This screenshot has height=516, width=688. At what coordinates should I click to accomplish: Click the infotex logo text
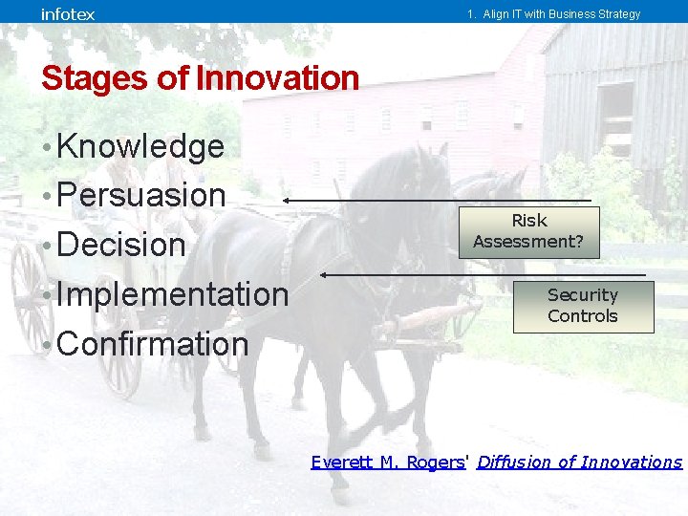click(x=68, y=13)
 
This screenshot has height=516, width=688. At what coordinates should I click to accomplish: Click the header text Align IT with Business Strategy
click(x=553, y=14)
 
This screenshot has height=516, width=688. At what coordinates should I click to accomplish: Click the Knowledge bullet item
click(x=140, y=146)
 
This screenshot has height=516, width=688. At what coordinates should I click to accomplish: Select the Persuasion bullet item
click(x=140, y=195)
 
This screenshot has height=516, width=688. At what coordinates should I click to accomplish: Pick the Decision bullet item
click(x=120, y=245)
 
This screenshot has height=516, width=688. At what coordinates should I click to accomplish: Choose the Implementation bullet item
click(x=171, y=294)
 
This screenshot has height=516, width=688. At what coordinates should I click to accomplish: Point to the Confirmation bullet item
click(x=152, y=344)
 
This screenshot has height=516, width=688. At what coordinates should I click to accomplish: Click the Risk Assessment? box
click(x=528, y=231)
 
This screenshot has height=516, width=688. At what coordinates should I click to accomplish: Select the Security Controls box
click(x=583, y=306)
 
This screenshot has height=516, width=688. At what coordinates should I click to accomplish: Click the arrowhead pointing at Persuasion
click(x=286, y=201)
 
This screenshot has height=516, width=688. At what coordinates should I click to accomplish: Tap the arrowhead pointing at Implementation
click(x=325, y=275)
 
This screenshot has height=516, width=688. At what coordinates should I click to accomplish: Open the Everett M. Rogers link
click(x=387, y=462)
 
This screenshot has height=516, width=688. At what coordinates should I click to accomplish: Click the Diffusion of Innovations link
click(x=579, y=462)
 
